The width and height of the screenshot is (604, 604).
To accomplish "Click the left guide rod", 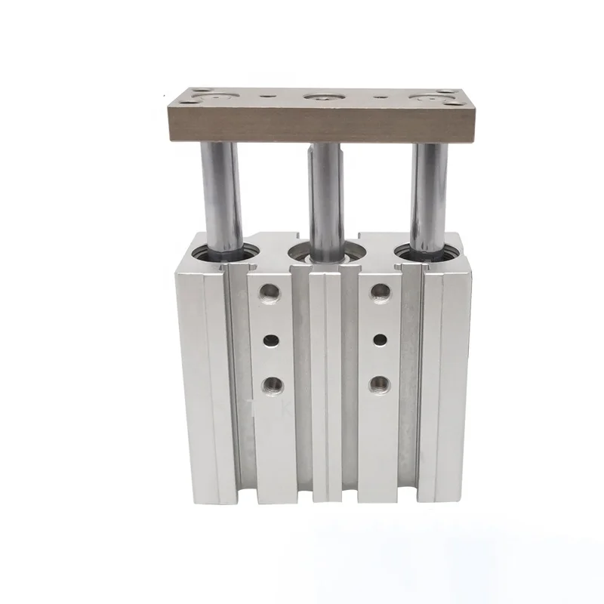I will click(221, 196).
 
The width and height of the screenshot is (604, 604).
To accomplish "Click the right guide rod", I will click(429, 196).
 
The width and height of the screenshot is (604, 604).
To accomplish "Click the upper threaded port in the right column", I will click(381, 291).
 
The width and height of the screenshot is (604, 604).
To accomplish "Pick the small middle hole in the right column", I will click(380, 340).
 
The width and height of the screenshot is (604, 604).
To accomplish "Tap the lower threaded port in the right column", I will click(380, 385).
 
